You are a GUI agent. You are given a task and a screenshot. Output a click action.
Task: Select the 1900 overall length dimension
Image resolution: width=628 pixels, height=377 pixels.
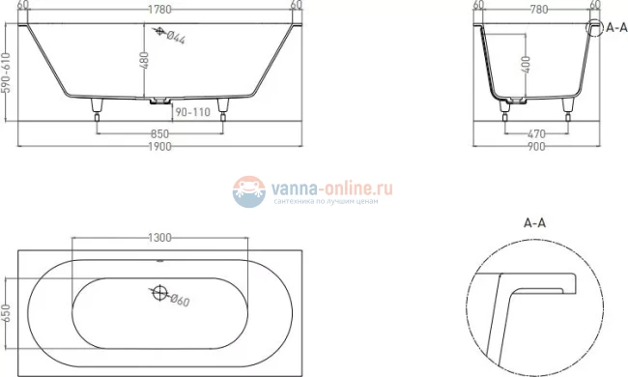point(160,146)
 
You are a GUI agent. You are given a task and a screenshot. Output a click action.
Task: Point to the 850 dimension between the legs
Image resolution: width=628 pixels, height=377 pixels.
point(160,131)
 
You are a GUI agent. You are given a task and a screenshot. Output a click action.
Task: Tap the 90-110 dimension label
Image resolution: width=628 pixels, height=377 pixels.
point(191,112)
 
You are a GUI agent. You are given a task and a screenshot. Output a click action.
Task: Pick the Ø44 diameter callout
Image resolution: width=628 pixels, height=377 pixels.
point(175,38)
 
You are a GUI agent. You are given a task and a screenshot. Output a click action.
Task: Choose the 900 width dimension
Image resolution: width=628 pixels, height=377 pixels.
point(536,146)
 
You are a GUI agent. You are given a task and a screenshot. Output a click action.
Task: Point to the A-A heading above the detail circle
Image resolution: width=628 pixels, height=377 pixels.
point(536,223)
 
